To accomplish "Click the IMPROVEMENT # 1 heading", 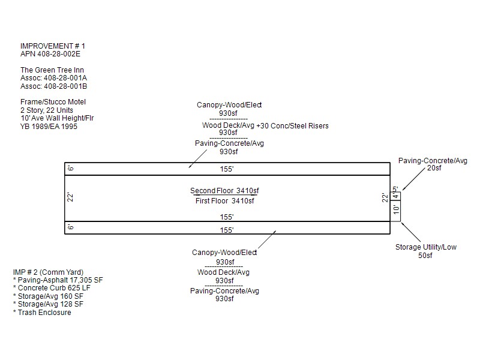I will tap(53, 46).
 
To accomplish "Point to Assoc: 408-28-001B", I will tap(54, 86).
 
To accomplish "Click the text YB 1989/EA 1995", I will tap(49, 127).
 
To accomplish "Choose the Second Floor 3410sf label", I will tap(224, 191).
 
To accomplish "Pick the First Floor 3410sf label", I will tap(224, 200).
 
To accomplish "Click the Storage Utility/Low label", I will tap(425, 247).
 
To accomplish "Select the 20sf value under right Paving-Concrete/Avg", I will tap(433, 169).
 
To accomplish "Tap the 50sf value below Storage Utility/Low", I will tap(425, 256).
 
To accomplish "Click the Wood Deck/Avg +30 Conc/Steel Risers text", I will tap(265, 125).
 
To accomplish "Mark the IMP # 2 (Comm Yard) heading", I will tap(48, 272).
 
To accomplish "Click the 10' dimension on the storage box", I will tap(396, 210).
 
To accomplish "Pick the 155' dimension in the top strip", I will tap(226, 170).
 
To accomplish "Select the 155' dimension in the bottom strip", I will tap(226, 230).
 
